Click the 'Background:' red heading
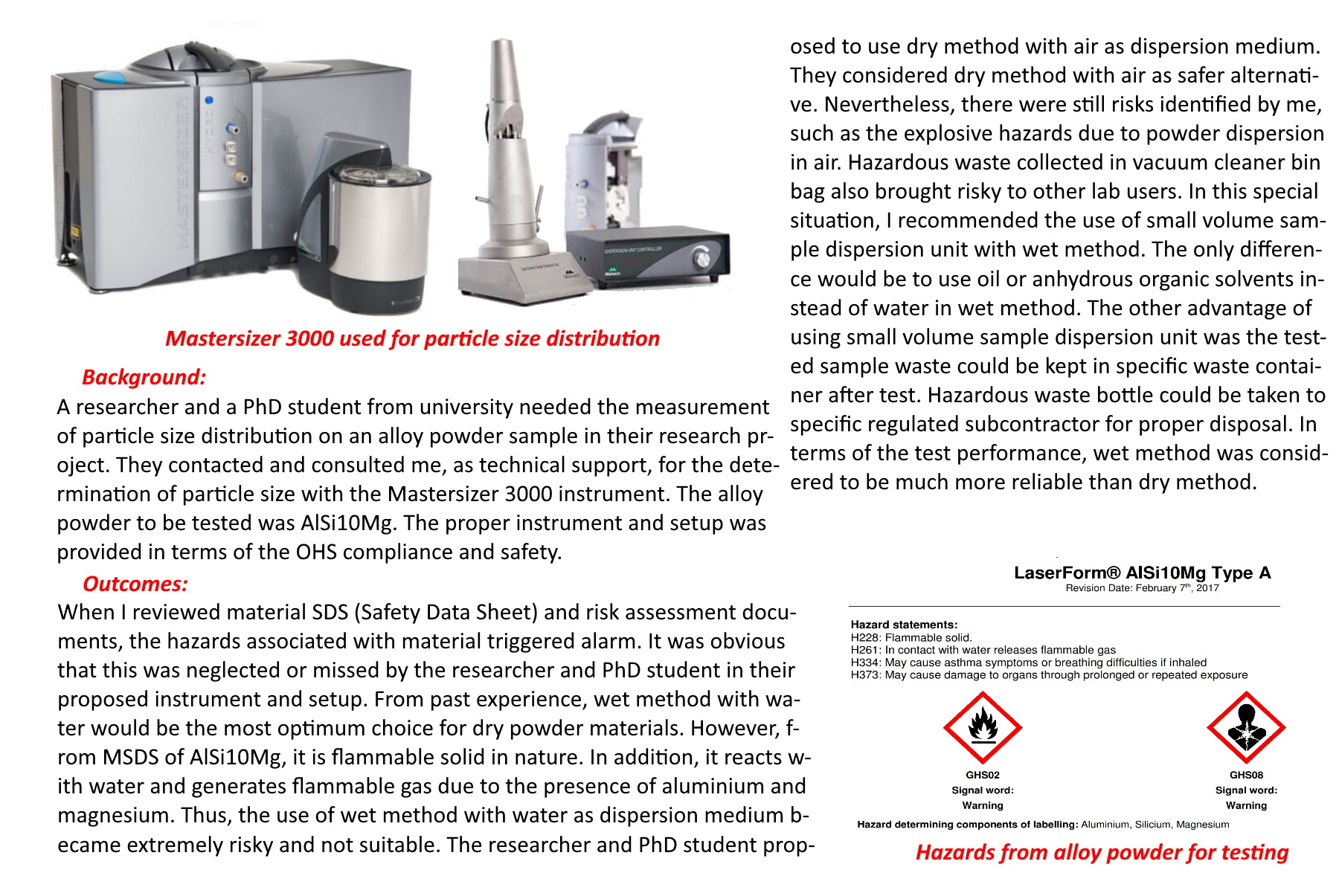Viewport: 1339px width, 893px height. click(x=144, y=377)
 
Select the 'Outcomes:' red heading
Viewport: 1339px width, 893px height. click(x=135, y=584)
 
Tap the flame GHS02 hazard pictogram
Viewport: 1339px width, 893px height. click(x=982, y=728)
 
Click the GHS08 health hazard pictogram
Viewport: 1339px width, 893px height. click(x=1246, y=728)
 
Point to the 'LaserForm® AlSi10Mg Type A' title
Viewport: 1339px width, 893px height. click(x=1142, y=573)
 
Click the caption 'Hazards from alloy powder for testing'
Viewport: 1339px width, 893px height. click(x=1102, y=852)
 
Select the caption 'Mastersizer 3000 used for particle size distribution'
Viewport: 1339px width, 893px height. click(x=412, y=338)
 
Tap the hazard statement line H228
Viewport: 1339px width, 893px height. click(x=911, y=637)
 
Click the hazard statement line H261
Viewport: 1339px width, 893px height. click(x=983, y=650)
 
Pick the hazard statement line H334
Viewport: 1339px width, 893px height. click(x=1028, y=663)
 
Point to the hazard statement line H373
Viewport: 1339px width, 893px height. click(x=1049, y=675)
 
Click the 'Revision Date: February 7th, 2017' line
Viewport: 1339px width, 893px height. click(x=1142, y=588)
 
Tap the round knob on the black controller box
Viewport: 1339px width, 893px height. click(x=701, y=258)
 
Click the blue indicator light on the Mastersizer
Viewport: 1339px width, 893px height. click(x=209, y=100)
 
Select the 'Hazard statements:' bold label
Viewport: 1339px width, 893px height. click(x=904, y=625)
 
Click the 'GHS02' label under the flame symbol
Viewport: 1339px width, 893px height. click(x=982, y=775)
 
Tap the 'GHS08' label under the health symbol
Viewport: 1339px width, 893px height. click(x=1246, y=775)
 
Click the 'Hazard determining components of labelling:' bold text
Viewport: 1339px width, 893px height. click(x=967, y=824)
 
